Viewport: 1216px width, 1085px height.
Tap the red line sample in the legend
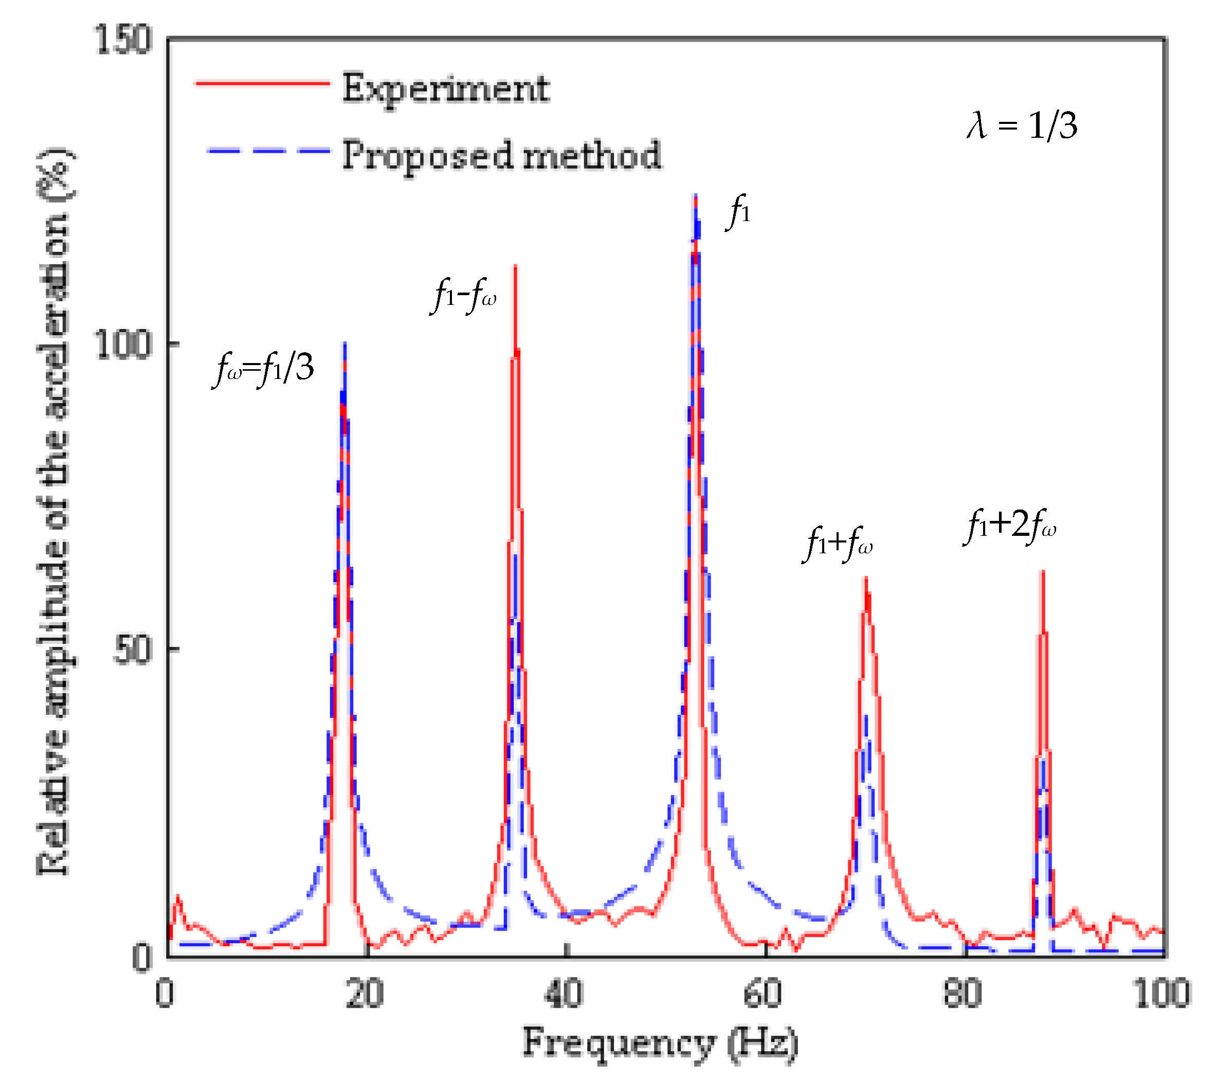tap(262, 83)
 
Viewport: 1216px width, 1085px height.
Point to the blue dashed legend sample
tap(268, 150)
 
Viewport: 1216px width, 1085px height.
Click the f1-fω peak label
tap(463, 296)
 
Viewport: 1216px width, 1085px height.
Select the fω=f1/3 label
tap(263, 368)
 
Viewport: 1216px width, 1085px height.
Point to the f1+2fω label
tap(1010, 526)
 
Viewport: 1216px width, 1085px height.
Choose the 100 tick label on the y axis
tap(123, 344)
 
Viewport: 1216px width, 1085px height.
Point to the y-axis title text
tap(55, 513)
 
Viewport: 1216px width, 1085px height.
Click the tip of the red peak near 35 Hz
tap(515, 266)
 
